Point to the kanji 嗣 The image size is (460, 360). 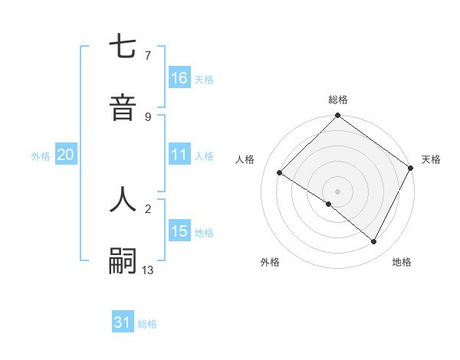(123, 260)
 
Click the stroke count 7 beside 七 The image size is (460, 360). (148, 55)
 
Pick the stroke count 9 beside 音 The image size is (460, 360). (148, 116)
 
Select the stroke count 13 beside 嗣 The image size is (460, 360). (148, 270)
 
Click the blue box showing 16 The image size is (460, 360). (179, 78)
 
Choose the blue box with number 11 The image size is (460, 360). (179, 155)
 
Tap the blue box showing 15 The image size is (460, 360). (179, 231)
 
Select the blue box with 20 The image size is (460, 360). (66, 155)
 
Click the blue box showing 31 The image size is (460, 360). (123, 322)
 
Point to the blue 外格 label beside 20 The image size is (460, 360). (41, 155)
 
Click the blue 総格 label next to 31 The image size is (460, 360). (147, 324)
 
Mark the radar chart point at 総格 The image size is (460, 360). (337, 116)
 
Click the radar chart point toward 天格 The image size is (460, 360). (411, 169)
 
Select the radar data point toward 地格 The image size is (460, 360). (374, 242)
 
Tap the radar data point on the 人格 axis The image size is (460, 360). (280, 173)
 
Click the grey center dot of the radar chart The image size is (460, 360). (337, 191)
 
